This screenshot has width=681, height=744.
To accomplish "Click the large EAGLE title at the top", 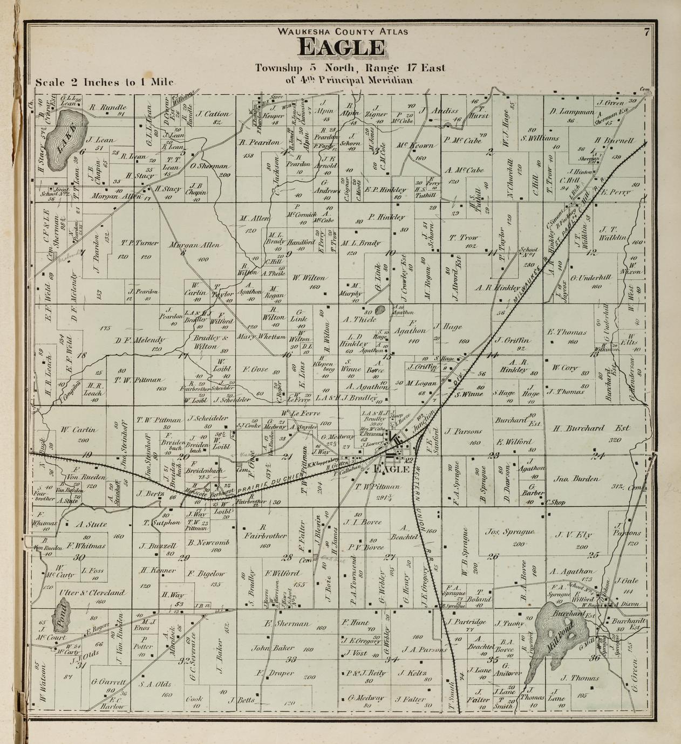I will (342, 48).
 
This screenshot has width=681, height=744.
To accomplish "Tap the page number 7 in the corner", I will (646, 32).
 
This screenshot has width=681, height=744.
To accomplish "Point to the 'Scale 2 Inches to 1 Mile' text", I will (104, 82).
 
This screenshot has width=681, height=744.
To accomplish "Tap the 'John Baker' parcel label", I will (267, 649).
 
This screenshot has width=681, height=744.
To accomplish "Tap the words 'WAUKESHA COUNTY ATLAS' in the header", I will (343, 31).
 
